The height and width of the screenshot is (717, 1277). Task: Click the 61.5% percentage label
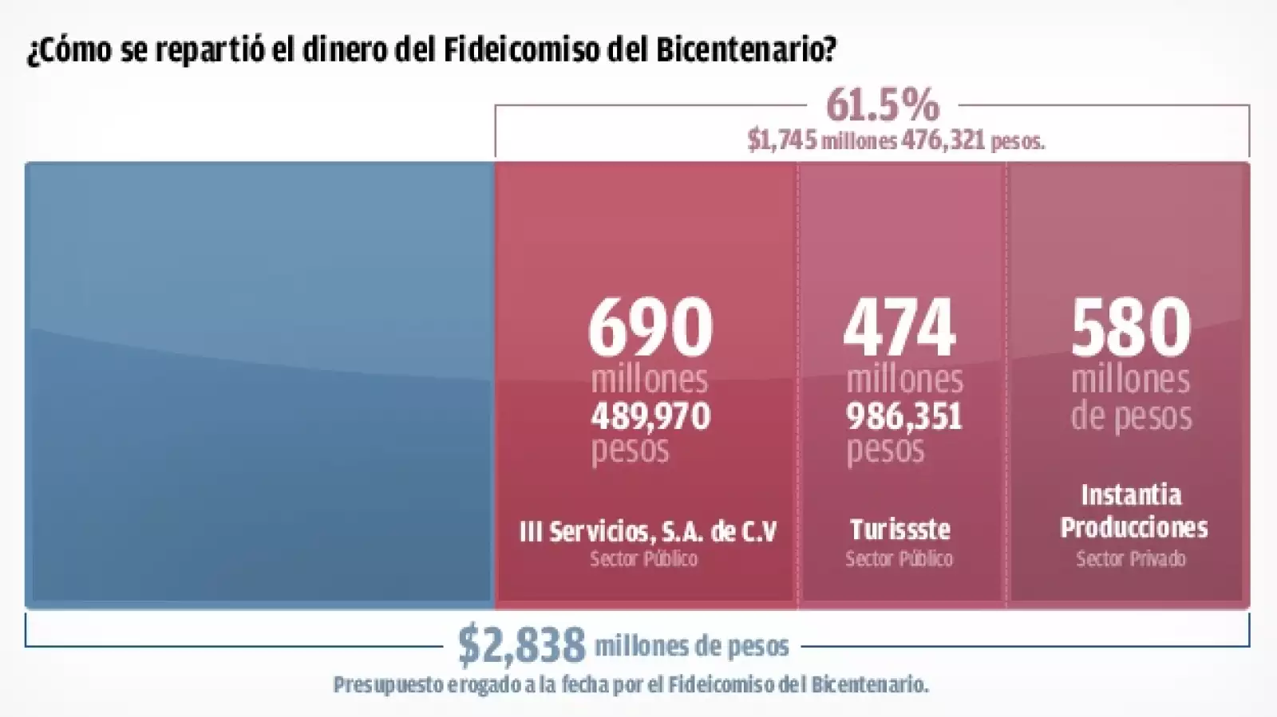point(883,104)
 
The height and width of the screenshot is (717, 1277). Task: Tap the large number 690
point(650,327)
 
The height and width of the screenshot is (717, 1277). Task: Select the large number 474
point(899,327)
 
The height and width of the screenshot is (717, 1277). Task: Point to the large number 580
point(1131,327)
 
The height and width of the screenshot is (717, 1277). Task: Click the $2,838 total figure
point(521,645)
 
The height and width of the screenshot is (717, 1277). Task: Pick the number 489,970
point(650,416)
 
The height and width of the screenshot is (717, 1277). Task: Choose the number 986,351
point(904,416)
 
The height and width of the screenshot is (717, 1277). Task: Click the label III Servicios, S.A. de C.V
point(647,531)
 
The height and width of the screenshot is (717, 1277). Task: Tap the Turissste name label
point(899,530)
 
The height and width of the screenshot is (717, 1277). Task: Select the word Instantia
point(1131,495)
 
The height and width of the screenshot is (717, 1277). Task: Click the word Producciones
point(1133,527)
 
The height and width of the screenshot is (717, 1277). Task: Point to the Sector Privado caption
point(1131,559)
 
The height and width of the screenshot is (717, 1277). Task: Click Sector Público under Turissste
point(899,559)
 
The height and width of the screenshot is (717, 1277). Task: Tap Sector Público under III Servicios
point(644,559)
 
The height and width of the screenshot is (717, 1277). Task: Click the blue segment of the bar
point(259,383)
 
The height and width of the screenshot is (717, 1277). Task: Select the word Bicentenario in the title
point(746,49)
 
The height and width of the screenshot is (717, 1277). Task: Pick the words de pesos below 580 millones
point(1131,416)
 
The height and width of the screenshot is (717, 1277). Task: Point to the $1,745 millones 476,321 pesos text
point(895,140)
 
